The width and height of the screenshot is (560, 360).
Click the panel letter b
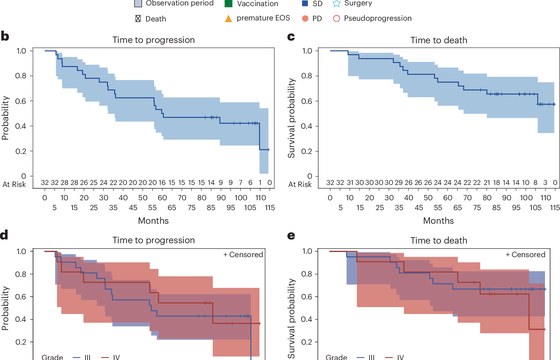[5, 36]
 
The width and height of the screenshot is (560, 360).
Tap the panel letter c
[291, 37]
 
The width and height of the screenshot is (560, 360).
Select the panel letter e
[291, 236]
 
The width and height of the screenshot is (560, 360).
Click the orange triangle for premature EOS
[228, 18]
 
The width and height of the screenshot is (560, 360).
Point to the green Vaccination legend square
[228, 4]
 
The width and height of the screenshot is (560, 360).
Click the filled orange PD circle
[305, 19]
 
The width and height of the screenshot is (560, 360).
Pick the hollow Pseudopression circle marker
[336, 19]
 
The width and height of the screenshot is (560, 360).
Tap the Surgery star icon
[336, 4]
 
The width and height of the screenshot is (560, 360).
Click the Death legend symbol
[138, 19]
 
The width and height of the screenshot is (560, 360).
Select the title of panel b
[154, 40]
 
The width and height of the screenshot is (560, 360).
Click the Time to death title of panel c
[439, 40]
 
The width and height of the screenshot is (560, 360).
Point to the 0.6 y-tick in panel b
[21, 101]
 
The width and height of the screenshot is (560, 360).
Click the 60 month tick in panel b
[162, 198]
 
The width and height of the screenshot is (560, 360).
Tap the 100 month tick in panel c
[526, 198]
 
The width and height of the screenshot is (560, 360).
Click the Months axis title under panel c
[439, 220]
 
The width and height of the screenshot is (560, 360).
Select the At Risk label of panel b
[14, 184]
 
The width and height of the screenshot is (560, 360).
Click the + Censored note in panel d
[243, 255]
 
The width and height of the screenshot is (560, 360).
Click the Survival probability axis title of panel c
[292, 118]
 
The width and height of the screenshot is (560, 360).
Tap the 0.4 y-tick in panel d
[21, 319]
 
